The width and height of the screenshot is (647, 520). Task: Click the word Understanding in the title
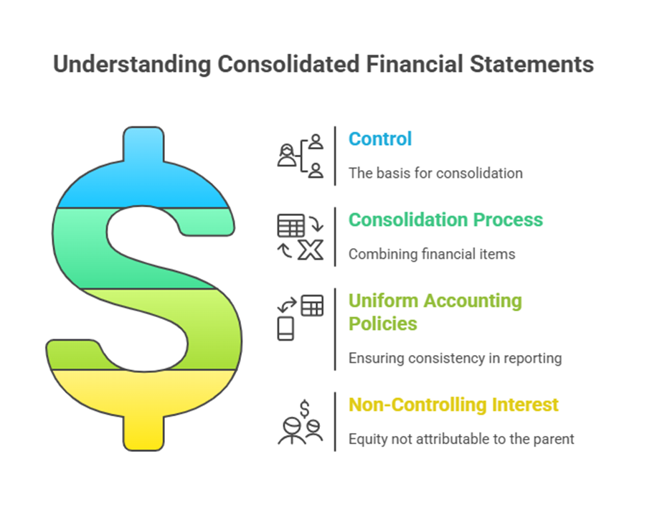pos(132,65)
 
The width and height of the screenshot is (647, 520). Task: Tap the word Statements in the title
pos(532,64)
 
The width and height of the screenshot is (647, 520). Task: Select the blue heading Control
pos(380,138)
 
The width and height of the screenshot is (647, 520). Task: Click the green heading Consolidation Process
pos(445,219)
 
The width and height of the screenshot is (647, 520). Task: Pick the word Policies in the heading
pos(383,323)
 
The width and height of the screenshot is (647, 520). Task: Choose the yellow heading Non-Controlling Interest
pos(453,405)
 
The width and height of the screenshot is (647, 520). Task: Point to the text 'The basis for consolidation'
pos(435,173)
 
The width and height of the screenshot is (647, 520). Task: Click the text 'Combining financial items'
pos(432,254)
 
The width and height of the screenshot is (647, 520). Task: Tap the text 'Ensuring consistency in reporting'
pos(455,358)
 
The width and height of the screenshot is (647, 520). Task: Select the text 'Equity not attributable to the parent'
pos(461,439)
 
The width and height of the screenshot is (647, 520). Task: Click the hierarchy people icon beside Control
pos(301,156)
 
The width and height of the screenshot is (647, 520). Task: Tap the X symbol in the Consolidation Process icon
pos(311,250)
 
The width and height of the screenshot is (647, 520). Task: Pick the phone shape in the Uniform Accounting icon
pos(285,328)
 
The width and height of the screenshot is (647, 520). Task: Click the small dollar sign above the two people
pos(305,409)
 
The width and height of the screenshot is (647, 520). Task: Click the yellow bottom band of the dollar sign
pos(143,400)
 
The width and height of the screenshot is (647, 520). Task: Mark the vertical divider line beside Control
pos(335,156)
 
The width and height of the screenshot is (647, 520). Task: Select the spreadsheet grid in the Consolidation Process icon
pos(291,225)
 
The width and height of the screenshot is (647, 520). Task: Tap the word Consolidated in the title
pos(288,64)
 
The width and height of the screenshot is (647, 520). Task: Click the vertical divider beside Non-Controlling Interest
pos(335,422)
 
